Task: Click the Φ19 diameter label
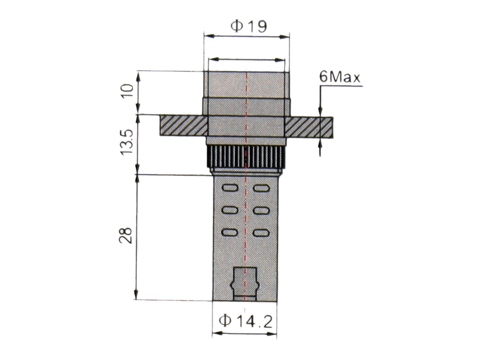(248, 26)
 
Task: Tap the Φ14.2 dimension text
(246, 321)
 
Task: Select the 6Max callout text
(340, 77)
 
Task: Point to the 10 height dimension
(127, 91)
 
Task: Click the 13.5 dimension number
(127, 142)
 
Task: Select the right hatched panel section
(308, 127)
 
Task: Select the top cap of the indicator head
(246, 84)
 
